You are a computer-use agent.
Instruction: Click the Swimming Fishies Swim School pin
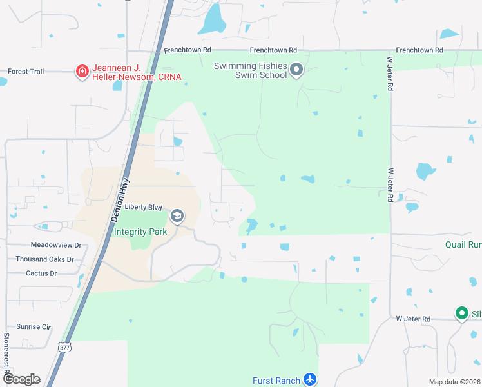pyautogui.click(x=296, y=70)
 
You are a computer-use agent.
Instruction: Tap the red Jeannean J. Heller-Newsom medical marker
pyautogui.click(x=82, y=71)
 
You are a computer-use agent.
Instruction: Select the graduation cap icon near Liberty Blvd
pyautogui.click(x=177, y=215)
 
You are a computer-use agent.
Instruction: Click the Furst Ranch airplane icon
pyautogui.click(x=310, y=379)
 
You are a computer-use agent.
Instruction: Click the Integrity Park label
pyautogui.click(x=140, y=232)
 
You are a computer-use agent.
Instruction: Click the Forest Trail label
pyautogui.click(x=26, y=72)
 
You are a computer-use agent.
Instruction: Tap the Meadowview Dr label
pyautogui.click(x=56, y=245)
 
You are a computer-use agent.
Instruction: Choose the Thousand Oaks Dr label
pyautogui.click(x=45, y=259)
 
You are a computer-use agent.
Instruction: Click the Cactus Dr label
pyautogui.click(x=41, y=273)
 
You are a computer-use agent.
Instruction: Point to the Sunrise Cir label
pyautogui.click(x=33, y=327)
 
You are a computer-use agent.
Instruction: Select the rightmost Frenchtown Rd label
pyautogui.click(x=419, y=50)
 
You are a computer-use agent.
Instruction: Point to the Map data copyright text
pyautogui.click(x=454, y=382)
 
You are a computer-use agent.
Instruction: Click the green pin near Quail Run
pyautogui.click(x=461, y=313)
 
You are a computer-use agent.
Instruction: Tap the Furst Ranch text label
pyautogui.click(x=278, y=381)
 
